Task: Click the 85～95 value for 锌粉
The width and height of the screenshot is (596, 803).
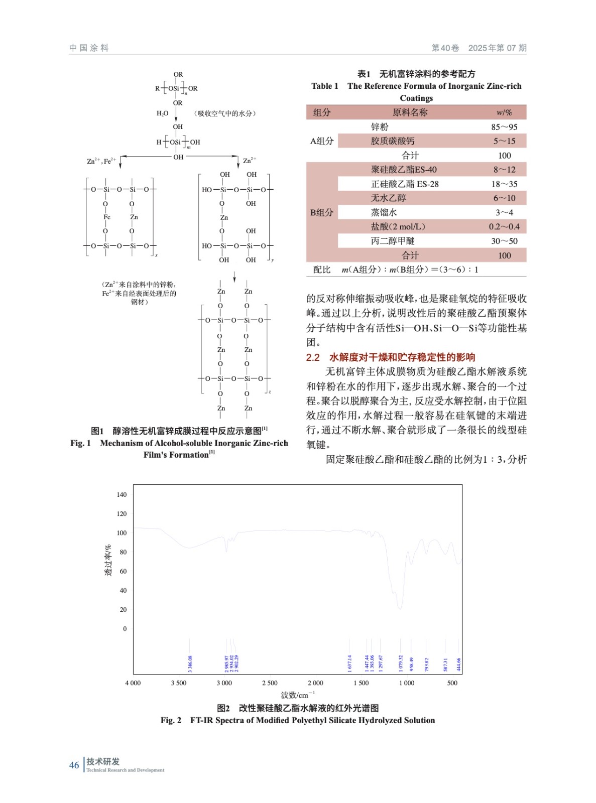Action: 504,127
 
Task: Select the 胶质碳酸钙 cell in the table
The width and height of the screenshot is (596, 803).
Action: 393,141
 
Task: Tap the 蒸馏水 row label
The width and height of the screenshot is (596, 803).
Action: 384,212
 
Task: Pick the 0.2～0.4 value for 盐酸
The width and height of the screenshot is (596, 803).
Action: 504,227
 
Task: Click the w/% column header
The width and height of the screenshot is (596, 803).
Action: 504,112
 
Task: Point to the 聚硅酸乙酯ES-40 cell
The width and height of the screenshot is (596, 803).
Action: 404,170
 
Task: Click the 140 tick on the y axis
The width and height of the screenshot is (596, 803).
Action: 122,494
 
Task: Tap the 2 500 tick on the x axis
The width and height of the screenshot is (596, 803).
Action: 270,683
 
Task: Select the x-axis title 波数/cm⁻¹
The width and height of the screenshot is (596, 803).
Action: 298,695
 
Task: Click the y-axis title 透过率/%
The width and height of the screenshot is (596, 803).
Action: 108,560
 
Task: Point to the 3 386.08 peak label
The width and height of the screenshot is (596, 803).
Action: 190,663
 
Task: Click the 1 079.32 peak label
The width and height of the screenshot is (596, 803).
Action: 401,663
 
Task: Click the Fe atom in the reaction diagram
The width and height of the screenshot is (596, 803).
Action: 106,217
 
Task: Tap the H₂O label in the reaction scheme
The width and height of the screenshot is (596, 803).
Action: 162,113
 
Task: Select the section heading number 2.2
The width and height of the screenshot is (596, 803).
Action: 313,357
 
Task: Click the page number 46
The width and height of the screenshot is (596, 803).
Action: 74,765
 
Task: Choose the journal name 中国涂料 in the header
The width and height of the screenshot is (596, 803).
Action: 89,48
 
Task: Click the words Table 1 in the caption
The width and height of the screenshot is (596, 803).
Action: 325,86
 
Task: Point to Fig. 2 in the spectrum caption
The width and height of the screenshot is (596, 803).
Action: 171,720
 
